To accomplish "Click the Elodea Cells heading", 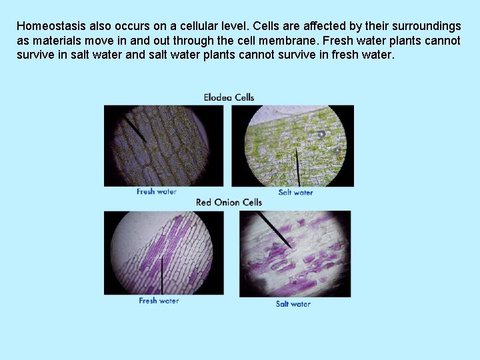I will point(229,97).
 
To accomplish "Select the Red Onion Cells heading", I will point(229,202).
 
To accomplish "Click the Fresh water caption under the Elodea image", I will point(157,192).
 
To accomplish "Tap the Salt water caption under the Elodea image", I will point(295,193).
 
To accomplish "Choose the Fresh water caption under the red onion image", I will point(159,301).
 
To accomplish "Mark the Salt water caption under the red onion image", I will point(293,304).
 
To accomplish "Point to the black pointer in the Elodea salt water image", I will point(298,167).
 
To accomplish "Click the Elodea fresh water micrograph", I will point(163,146).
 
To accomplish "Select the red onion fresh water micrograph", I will point(163,253).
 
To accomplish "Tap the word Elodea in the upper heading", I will point(218,97).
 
